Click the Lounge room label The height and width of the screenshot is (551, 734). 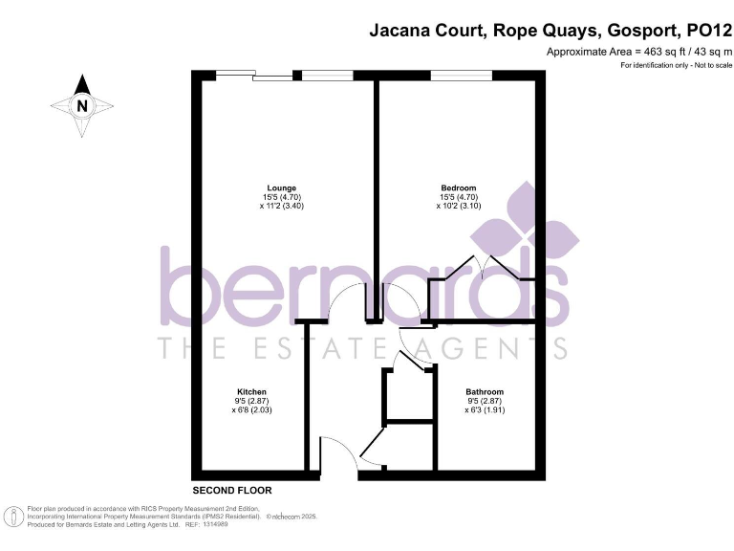[281, 187]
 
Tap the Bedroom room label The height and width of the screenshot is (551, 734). [458, 187]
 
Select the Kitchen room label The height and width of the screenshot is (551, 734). [251, 391]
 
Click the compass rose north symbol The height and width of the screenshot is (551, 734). [83, 105]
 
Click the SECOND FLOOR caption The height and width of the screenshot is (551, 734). [232, 490]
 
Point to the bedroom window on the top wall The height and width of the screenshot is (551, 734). [462, 76]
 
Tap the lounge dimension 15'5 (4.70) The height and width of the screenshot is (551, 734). [281, 197]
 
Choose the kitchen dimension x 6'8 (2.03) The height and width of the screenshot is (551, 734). [251, 409]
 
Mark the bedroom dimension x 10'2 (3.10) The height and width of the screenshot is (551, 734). [458, 206]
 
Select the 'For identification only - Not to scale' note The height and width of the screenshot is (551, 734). [676, 65]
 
